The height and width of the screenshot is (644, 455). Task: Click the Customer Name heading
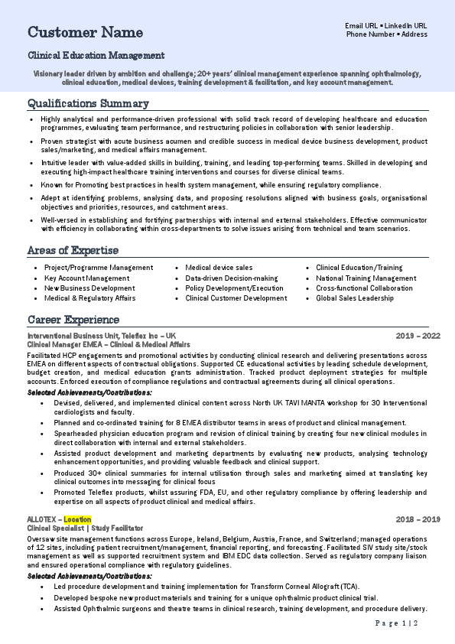(x=85, y=32)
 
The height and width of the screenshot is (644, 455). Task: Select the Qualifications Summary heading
(x=88, y=103)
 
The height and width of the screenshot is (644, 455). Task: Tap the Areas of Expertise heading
(x=73, y=250)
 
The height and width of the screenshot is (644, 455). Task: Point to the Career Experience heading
(x=73, y=319)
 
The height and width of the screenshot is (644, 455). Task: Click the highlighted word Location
(x=77, y=519)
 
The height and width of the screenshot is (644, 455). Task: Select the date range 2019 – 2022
(x=418, y=336)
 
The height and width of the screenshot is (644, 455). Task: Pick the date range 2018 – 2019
(x=418, y=519)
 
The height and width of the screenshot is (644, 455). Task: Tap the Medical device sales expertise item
(x=219, y=268)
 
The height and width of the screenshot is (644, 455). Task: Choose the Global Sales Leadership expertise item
(x=355, y=298)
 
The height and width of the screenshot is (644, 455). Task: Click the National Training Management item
(x=366, y=278)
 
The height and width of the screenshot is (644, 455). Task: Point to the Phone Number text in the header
(x=371, y=34)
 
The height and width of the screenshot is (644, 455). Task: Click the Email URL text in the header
(x=362, y=25)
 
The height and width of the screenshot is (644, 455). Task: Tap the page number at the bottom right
(x=397, y=624)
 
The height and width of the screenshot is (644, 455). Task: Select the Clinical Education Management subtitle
(x=96, y=55)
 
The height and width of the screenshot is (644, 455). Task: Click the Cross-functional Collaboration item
(x=364, y=288)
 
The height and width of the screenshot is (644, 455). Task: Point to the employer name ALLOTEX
(x=42, y=519)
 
